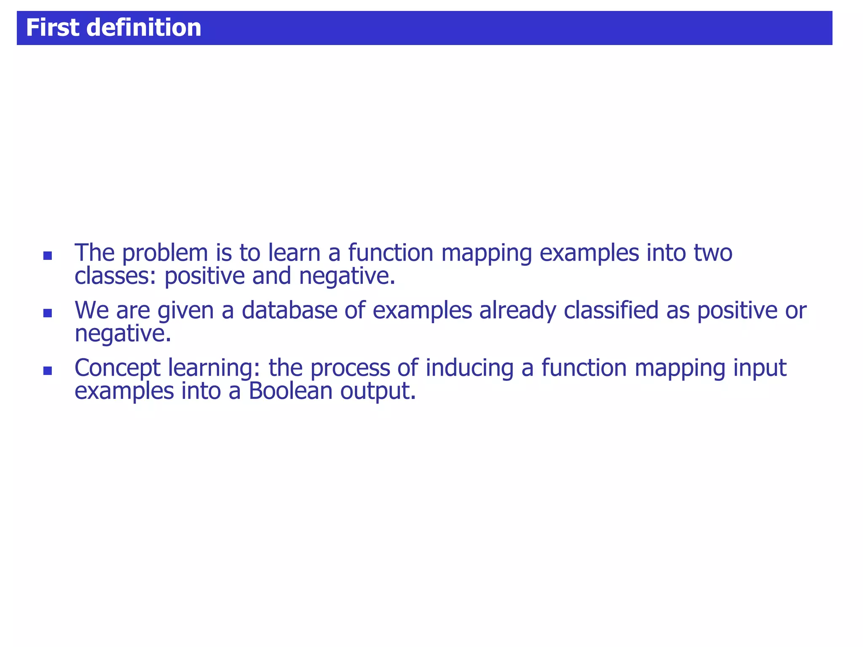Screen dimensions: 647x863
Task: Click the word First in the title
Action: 52,28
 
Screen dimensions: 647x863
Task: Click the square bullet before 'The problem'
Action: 48,256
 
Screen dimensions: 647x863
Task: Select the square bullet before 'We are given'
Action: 48,313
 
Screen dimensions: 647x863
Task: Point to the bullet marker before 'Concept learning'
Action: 48,371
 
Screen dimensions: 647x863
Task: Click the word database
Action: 289,310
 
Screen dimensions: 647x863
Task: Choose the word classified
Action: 611,310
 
